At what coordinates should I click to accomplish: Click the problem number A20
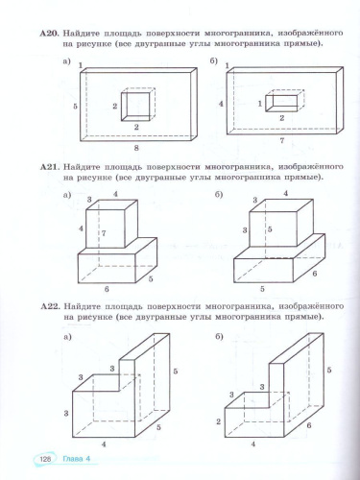(x=50, y=34)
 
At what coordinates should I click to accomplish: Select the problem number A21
(x=50, y=167)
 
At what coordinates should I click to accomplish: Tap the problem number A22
(x=51, y=306)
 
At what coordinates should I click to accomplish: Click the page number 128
(x=45, y=459)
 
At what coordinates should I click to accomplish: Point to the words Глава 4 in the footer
(x=76, y=459)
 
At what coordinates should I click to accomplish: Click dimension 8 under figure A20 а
(x=136, y=148)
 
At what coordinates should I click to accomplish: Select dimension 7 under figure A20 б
(x=282, y=140)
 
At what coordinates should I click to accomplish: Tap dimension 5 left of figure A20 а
(x=75, y=107)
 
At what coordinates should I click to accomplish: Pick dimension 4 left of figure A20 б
(x=221, y=104)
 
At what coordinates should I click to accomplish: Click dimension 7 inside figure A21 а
(x=104, y=233)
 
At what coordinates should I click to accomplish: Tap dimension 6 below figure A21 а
(x=107, y=289)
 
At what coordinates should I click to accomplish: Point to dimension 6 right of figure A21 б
(x=315, y=274)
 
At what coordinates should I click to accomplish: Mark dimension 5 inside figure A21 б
(x=270, y=229)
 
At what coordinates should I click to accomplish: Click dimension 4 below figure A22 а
(x=104, y=444)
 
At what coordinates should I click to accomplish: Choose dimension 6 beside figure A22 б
(x=309, y=425)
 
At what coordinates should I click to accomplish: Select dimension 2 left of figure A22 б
(x=219, y=421)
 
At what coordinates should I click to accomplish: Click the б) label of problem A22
(x=219, y=337)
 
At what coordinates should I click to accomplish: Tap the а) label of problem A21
(x=67, y=195)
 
